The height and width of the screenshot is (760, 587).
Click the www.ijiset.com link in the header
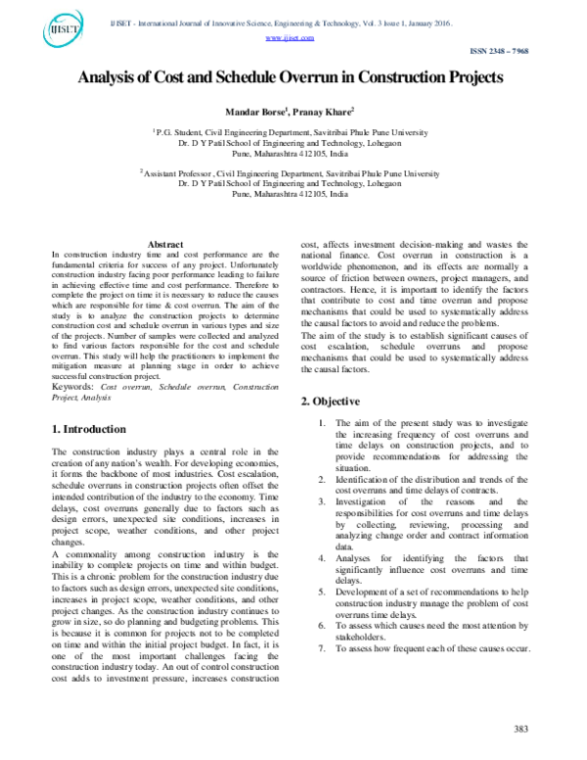pos(289,37)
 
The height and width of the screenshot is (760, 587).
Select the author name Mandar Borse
pos(252,113)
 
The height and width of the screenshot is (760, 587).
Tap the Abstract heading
pos(164,244)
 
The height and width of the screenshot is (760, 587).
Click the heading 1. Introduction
pos(88,429)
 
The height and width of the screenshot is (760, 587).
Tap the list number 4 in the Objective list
pos(323,558)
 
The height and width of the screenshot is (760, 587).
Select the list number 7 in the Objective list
pos(323,649)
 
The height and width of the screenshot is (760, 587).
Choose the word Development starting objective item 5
pos(367,593)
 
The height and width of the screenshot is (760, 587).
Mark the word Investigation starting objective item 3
pos(367,501)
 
